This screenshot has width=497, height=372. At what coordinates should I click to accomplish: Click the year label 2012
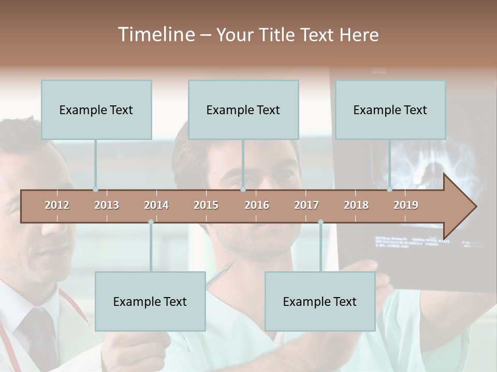click(57, 205)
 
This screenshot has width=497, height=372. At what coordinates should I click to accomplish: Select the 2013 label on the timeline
click(107, 205)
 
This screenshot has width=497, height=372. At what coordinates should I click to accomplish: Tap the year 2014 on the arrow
click(156, 205)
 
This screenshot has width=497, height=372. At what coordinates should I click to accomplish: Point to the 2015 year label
click(206, 205)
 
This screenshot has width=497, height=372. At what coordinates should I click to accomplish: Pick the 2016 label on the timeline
click(257, 205)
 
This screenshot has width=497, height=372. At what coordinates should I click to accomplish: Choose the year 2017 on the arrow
click(306, 205)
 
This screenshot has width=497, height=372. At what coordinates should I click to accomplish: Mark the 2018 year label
click(356, 205)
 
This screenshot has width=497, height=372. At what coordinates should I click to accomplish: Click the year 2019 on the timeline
click(406, 205)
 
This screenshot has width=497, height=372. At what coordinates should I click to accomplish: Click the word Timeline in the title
click(155, 35)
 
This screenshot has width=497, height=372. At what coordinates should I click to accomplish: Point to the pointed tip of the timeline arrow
click(475, 207)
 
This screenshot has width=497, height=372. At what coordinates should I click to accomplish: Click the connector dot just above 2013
click(95, 190)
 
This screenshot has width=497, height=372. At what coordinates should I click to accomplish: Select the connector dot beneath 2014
click(151, 222)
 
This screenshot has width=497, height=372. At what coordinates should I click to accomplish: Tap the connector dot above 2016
click(243, 190)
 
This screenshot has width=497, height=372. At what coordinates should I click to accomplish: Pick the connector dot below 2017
click(320, 222)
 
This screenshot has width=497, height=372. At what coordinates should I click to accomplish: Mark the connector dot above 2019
click(390, 190)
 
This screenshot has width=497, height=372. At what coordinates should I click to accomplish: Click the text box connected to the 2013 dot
click(96, 110)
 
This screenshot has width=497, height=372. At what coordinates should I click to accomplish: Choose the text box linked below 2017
click(320, 301)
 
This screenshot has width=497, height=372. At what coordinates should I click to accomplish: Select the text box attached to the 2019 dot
click(390, 110)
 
